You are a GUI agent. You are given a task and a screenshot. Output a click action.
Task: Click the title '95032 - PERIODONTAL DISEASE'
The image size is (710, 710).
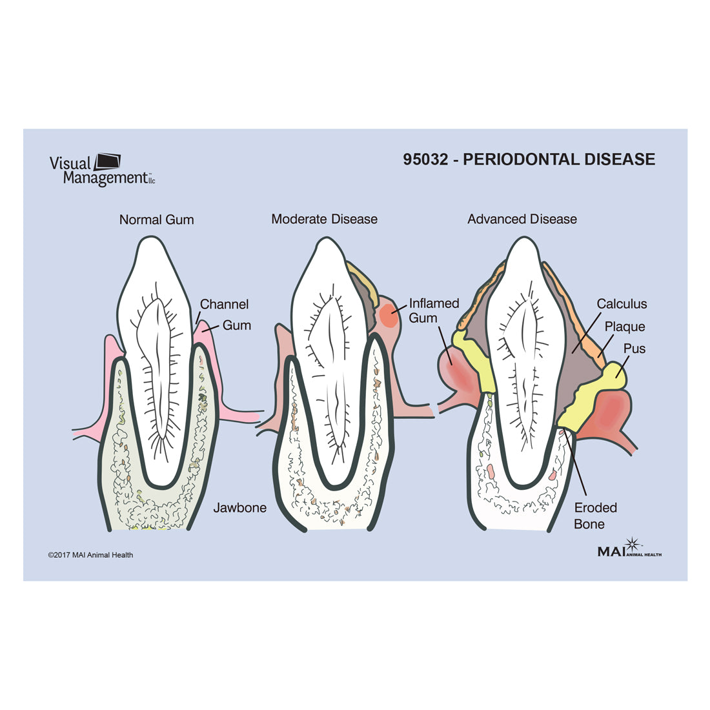click(529, 159)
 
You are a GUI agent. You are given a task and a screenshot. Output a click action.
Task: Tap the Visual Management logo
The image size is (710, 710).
click(102, 170)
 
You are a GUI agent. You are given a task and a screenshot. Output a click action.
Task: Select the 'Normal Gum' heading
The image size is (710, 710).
click(156, 219)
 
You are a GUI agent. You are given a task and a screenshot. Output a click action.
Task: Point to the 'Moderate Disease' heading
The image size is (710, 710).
click(324, 219)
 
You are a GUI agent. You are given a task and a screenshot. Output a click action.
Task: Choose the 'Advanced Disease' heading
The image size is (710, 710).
click(522, 219)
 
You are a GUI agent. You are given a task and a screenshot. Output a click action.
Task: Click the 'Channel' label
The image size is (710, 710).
click(224, 304)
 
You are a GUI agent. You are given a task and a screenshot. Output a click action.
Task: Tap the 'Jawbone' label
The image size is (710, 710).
click(239, 507)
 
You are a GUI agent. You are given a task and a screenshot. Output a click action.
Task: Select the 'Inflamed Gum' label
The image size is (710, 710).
click(434, 310)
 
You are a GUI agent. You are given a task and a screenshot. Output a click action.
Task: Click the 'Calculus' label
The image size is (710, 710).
click(621, 304)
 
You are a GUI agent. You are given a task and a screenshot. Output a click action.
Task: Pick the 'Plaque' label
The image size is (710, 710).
click(624, 327)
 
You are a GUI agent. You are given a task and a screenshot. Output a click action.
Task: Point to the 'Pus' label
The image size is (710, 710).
click(634, 349)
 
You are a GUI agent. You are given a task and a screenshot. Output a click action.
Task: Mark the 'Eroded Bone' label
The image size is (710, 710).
click(595, 516)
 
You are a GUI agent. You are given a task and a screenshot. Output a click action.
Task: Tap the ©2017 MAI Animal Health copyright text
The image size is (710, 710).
click(90, 554)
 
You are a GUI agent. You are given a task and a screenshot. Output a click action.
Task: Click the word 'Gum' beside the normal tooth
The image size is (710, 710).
click(236, 325)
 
